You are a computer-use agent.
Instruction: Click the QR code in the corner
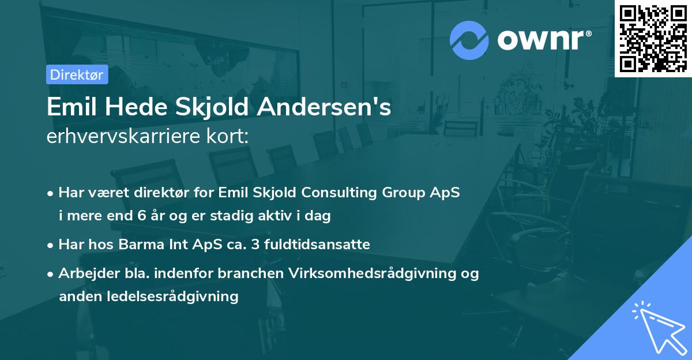[x=653, y=39]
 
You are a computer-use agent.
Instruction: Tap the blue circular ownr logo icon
[x=469, y=40]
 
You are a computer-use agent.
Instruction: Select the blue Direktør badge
[x=77, y=74]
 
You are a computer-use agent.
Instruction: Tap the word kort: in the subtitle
[x=230, y=136]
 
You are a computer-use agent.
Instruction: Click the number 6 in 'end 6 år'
[x=142, y=216]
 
